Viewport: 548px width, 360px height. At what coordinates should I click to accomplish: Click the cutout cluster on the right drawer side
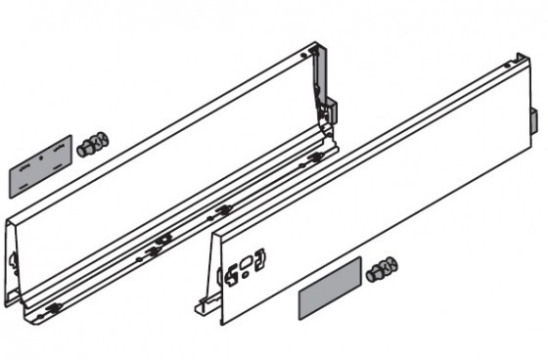tap(245, 267)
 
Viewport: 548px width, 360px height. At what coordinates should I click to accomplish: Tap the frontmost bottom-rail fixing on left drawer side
tap(54, 309)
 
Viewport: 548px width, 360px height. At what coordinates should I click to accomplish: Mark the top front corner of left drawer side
tap(10, 217)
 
